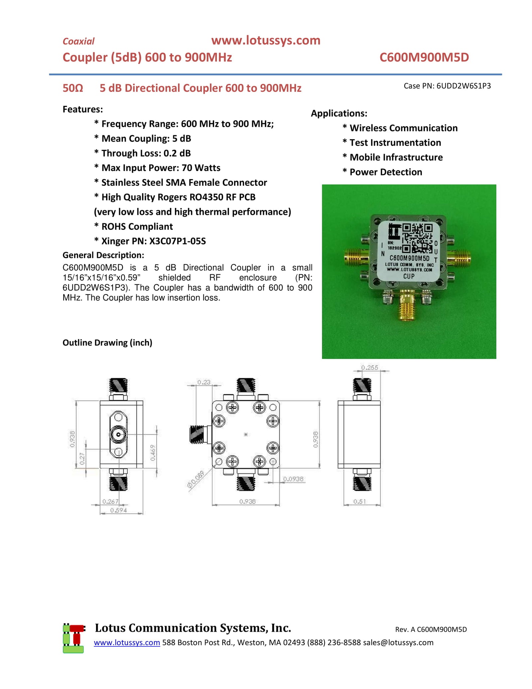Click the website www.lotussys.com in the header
265,40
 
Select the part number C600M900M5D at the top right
424,57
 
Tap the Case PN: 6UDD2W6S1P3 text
447,86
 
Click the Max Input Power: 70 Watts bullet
161,168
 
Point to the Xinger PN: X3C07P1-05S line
153,241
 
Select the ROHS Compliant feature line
137,226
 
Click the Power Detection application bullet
385,172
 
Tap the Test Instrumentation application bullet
395,142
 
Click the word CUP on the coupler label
409,276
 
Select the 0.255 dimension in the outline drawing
369,368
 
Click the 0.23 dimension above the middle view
203,382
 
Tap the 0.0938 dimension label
293,479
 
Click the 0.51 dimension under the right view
359,501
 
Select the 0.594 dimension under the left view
118,510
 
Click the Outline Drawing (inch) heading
107,343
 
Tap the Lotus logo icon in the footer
73,638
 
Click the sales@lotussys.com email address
398,642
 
